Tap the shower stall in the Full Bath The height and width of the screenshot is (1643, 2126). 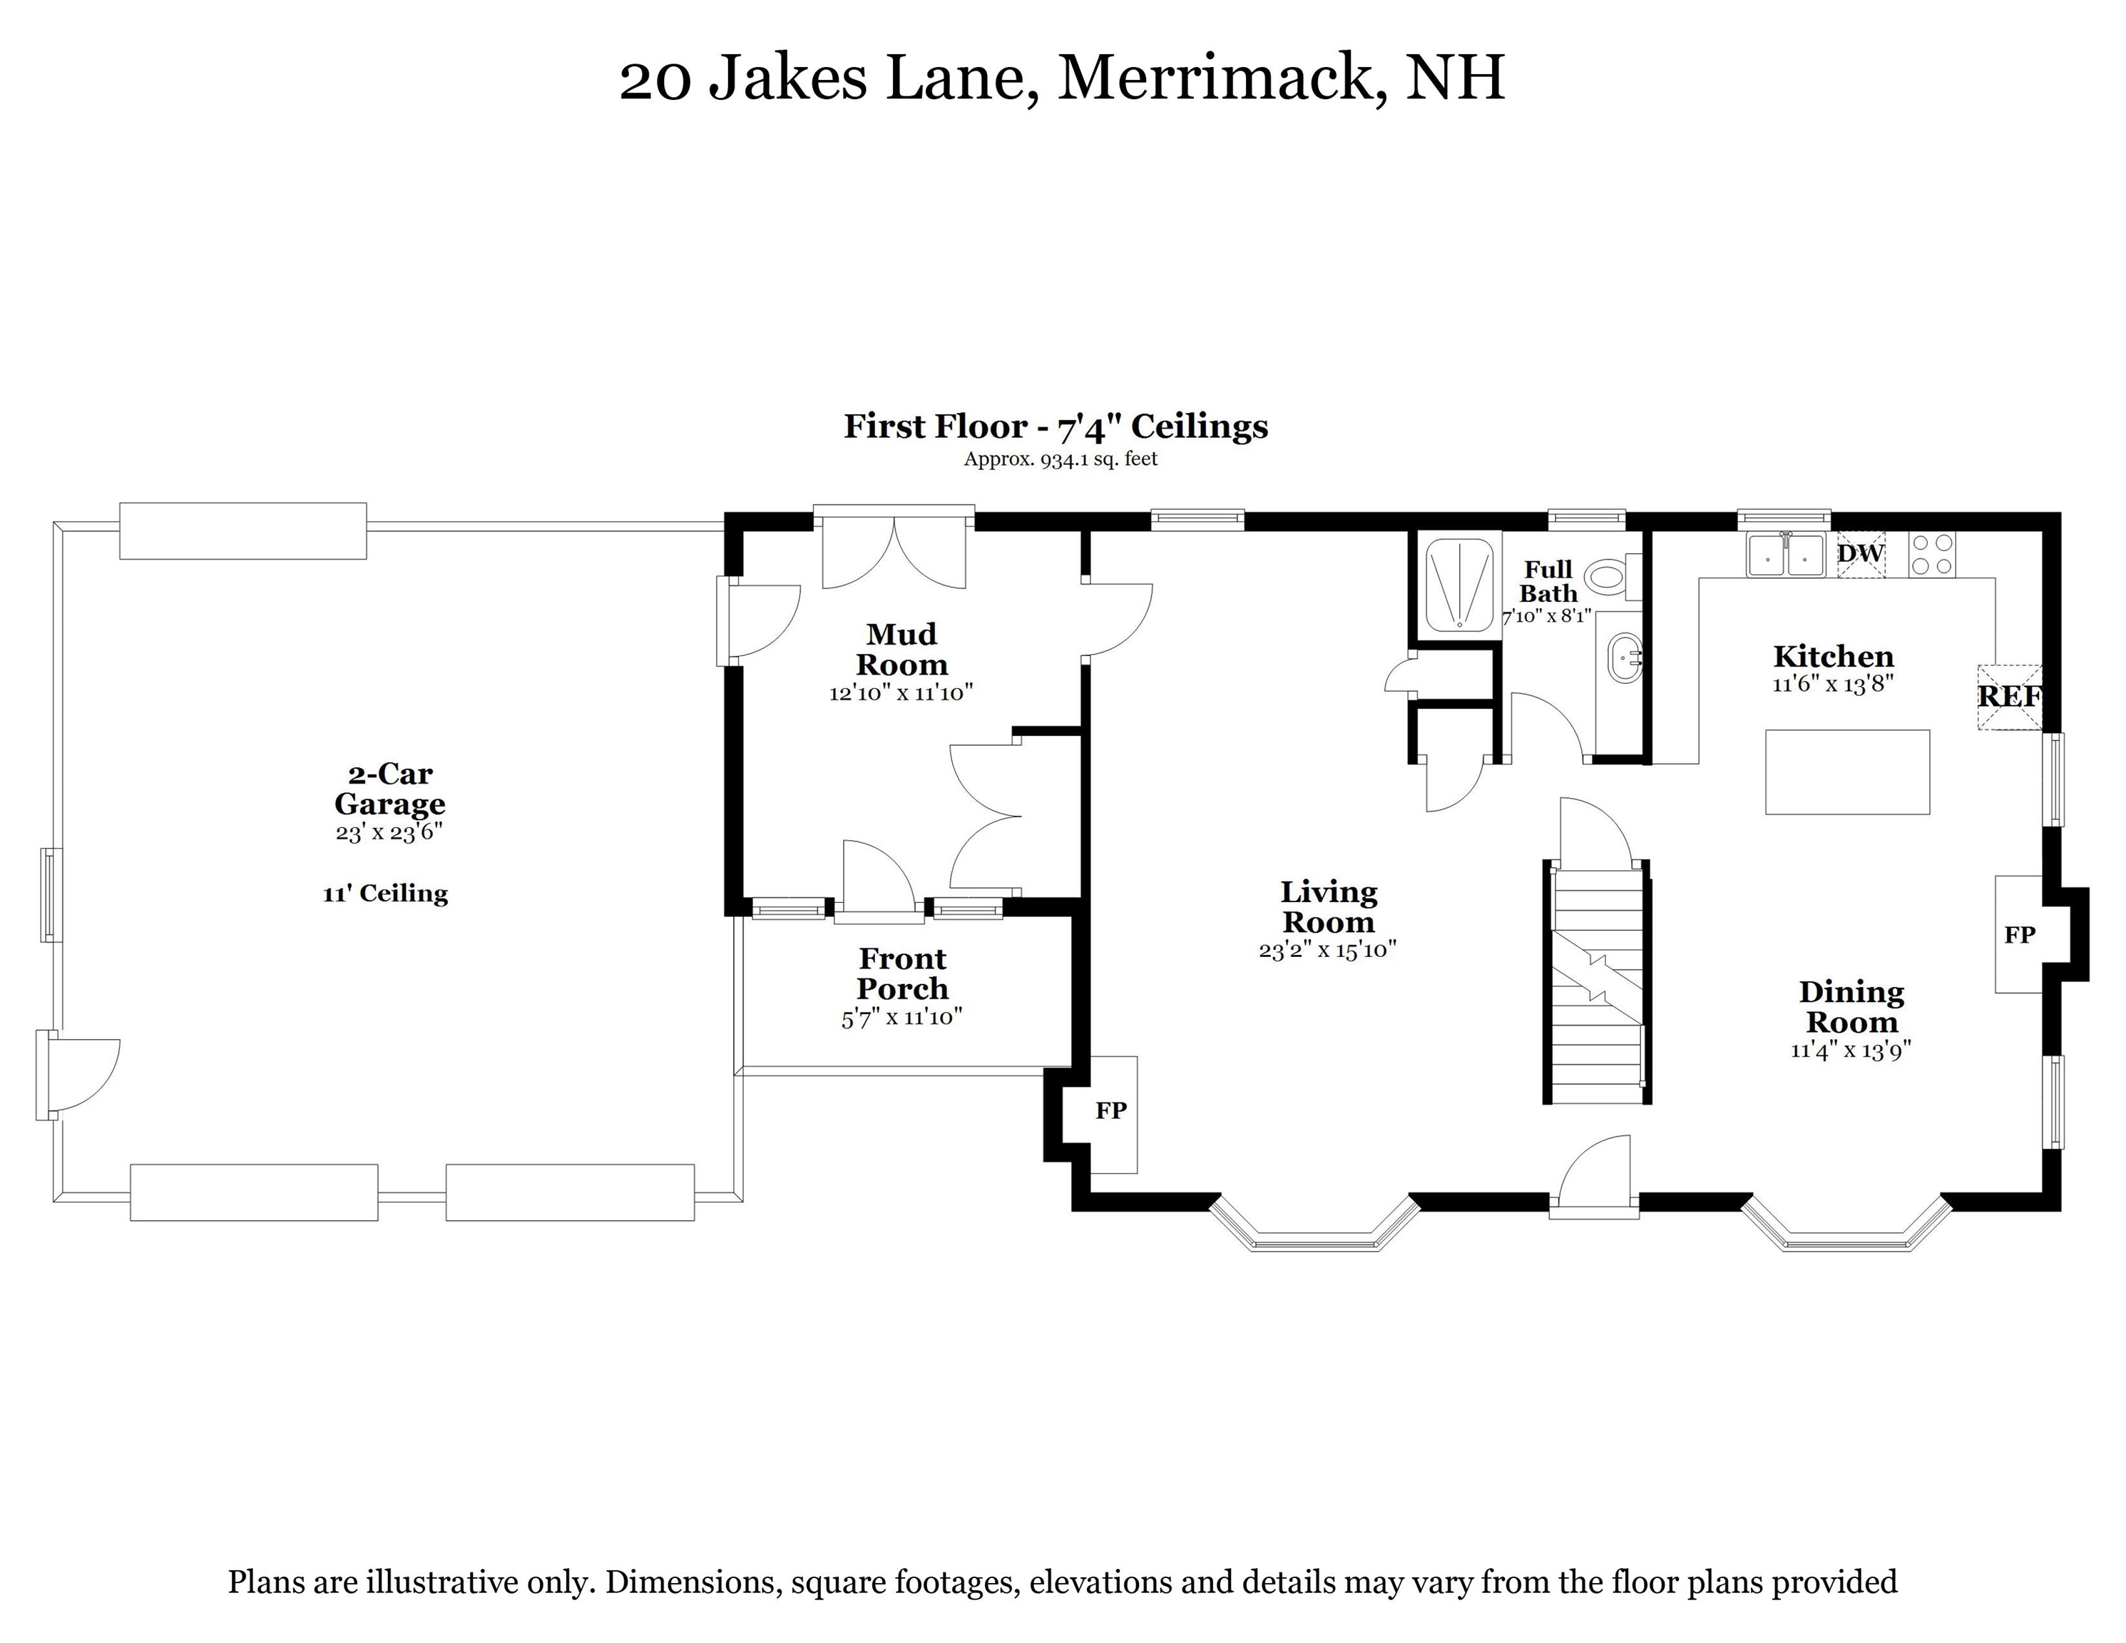[1459, 585]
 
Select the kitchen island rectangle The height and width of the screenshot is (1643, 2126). [1846, 772]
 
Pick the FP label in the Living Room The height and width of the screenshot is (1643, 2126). [1110, 1110]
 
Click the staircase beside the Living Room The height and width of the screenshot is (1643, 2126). [1596, 983]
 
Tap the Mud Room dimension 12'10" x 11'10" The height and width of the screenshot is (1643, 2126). [901, 694]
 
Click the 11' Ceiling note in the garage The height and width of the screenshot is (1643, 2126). [386, 894]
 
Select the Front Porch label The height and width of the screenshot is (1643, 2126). [902, 973]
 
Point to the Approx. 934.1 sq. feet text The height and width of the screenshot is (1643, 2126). [1060, 459]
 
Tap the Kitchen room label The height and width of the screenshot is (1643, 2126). [1833, 656]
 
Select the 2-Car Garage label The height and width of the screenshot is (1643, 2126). [389, 789]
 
